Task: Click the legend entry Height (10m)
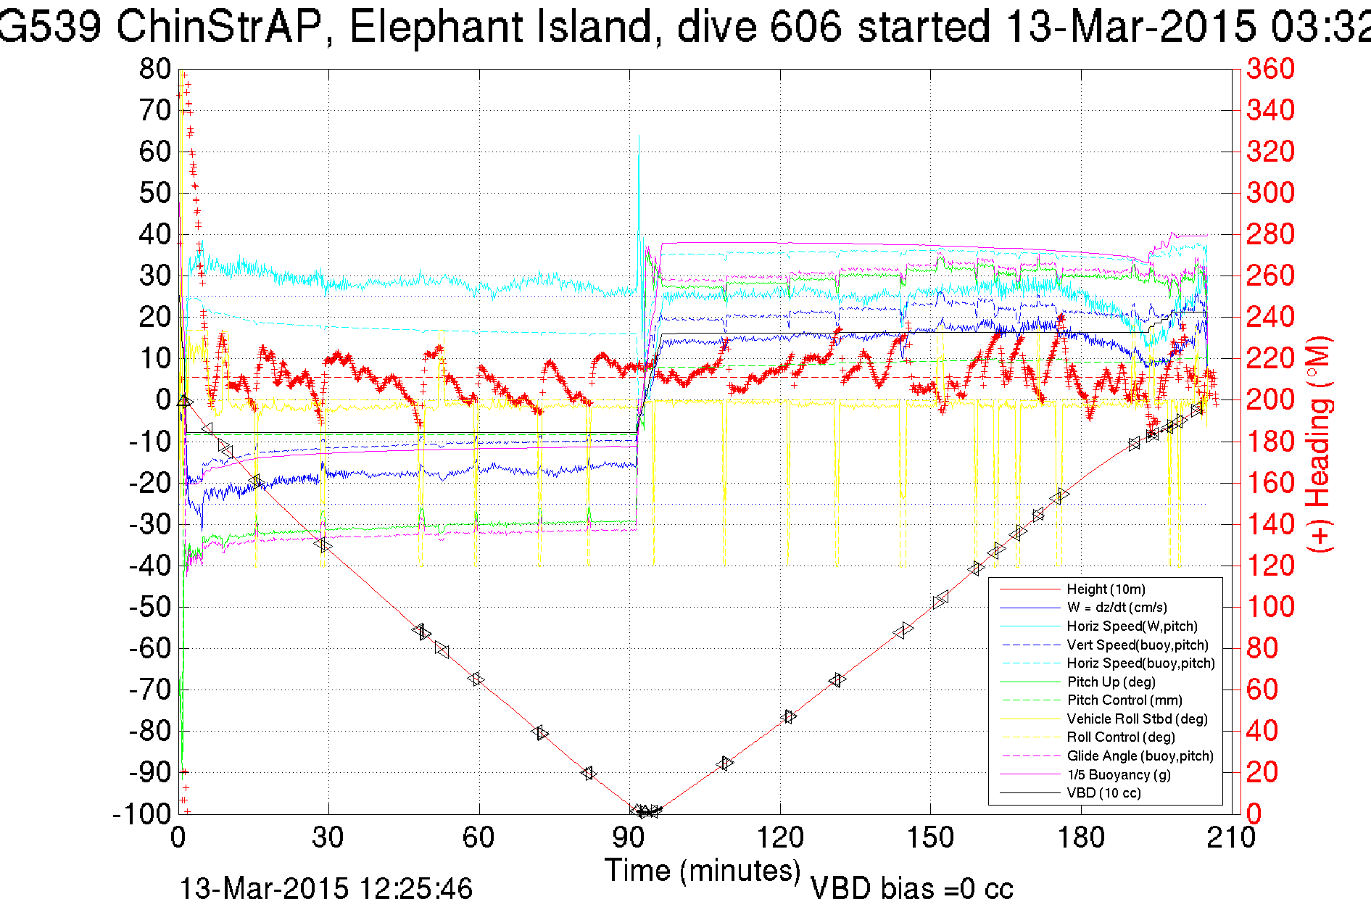1106,589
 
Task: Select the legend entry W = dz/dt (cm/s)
1117,608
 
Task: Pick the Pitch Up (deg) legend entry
1111,682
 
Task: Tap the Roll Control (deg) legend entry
1120,737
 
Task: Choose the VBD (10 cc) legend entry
1103,793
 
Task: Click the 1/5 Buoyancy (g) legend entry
1119,774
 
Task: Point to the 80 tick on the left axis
155,70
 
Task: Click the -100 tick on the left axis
142,813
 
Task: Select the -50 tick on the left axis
150,607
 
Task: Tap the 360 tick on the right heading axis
1270,70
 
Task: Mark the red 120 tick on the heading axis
1270,566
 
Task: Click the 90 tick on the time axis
629,838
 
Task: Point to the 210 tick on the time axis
1230,838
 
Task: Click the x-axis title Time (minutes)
703,870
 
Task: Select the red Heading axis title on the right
1320,444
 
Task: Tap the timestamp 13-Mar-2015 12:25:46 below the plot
326,889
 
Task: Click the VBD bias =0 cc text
911,889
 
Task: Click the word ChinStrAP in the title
218,28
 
